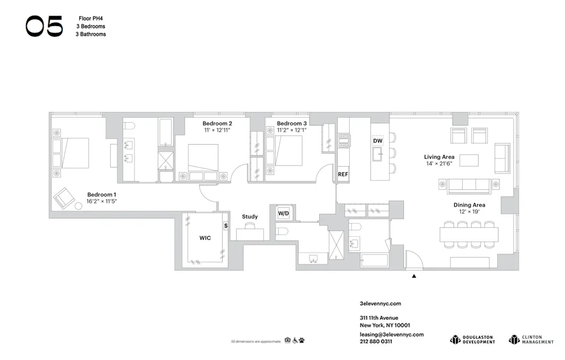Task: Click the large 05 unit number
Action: click(44, 26)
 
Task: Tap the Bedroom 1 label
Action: click(102, 195)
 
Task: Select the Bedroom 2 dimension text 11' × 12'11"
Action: click(217, 131)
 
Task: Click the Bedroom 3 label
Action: click(292, 123)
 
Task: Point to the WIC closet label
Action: click(205, 238)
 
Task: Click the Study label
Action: click(250, 216)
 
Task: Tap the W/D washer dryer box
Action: click(283, 213)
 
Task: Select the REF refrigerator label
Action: click(343, 174)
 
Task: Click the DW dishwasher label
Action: click(378, 140)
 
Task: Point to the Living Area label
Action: click(440, 157)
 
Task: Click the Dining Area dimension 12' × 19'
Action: click(469, 212)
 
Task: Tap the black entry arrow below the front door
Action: click(414, 276)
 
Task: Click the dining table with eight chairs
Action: click(469, 233)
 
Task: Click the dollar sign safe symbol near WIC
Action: click(226, 225)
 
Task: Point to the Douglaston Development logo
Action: click(472, 340)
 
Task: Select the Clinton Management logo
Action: click(531, 340)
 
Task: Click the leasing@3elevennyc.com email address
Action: click(392, 334)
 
